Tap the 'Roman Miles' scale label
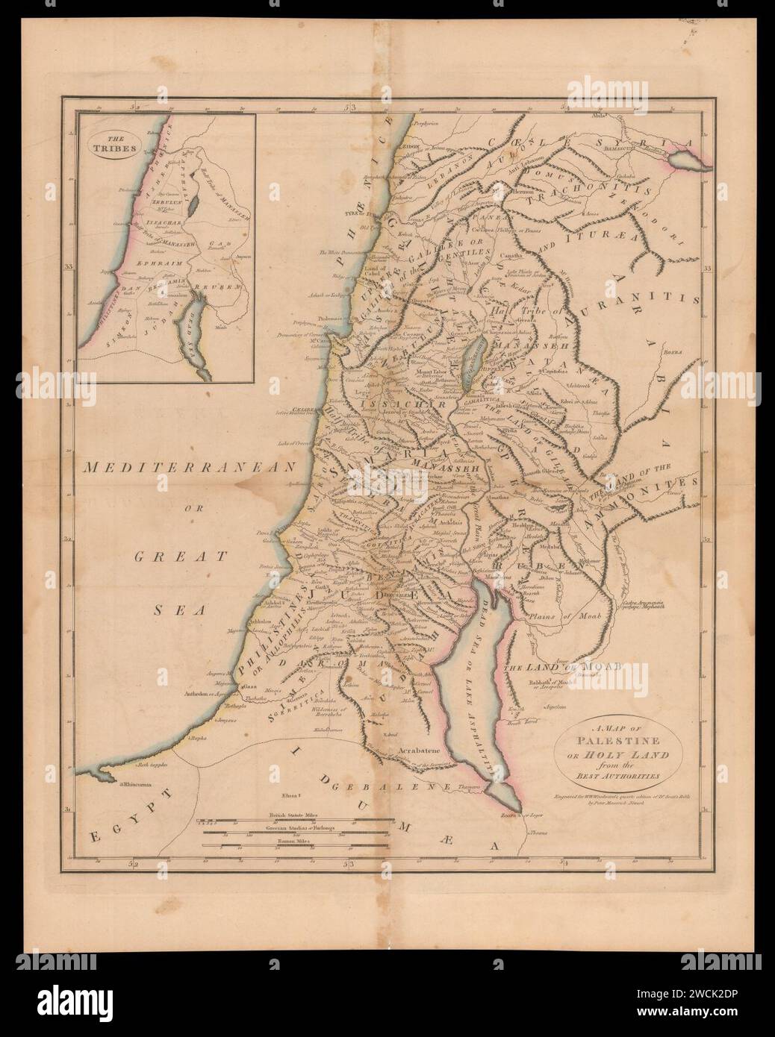coord(294,840)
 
